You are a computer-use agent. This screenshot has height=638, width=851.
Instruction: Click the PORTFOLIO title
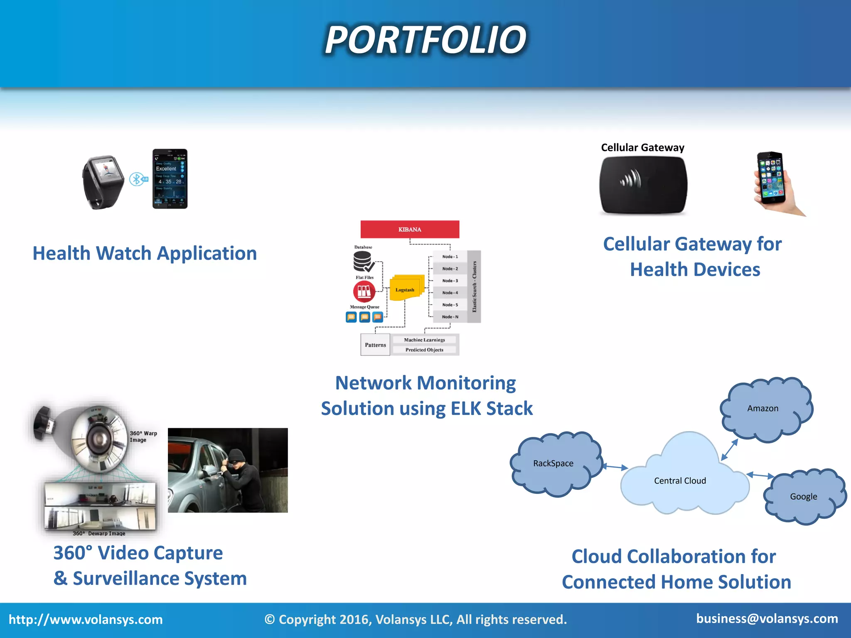[425, 40]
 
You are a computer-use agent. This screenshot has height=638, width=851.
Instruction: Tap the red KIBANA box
[410, 229]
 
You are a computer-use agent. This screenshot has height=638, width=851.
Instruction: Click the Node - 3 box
[450, 281]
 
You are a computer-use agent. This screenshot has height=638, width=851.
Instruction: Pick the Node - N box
[450, 317]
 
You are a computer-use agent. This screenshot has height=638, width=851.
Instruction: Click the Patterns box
[375, 345]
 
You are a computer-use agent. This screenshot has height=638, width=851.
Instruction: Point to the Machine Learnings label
[424, 340]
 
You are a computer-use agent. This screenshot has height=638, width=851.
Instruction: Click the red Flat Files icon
[364, 292]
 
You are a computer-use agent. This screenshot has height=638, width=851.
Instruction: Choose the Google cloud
[804, 497]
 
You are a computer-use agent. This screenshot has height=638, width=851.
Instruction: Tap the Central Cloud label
[680, 481]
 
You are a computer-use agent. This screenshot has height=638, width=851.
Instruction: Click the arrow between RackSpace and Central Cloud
[615, 467]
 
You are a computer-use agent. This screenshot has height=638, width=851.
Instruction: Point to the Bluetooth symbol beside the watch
[136, 179]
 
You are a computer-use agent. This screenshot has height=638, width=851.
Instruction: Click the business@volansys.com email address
[767, 618]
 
